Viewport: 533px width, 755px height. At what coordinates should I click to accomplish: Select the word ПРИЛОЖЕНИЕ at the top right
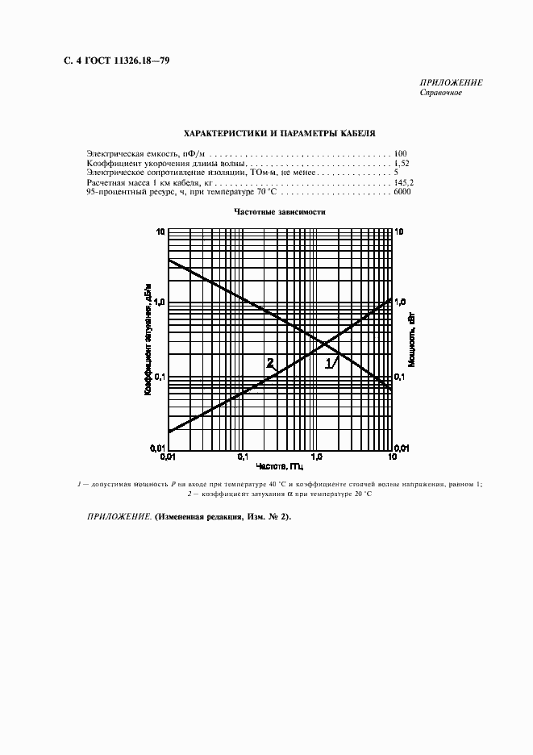(451, 83)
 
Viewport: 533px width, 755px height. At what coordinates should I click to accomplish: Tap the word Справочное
(440, 93)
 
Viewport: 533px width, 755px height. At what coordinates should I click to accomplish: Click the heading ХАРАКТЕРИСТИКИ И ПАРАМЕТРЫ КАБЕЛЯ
(279, 133)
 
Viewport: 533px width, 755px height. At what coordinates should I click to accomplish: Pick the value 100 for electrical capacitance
(401, 153)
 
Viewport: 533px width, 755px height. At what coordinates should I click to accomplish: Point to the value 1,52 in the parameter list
(400, 163)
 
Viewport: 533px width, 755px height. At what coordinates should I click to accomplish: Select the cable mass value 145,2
(402, 183)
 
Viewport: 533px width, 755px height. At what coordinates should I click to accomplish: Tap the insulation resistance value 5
(397, 173)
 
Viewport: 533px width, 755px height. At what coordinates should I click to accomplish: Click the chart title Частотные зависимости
(279, 212)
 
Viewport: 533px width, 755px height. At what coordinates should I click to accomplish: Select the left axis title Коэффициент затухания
(148, 340)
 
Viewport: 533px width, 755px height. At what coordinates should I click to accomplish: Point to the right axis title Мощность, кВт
(411, 340)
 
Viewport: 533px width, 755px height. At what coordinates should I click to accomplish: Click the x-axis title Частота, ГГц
(279, 466)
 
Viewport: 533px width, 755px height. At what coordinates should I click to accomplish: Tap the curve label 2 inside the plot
(270, 362)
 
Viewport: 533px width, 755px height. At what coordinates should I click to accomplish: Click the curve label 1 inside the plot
(328, 364)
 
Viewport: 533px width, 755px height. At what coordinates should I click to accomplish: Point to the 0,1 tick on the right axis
(401, 377)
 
